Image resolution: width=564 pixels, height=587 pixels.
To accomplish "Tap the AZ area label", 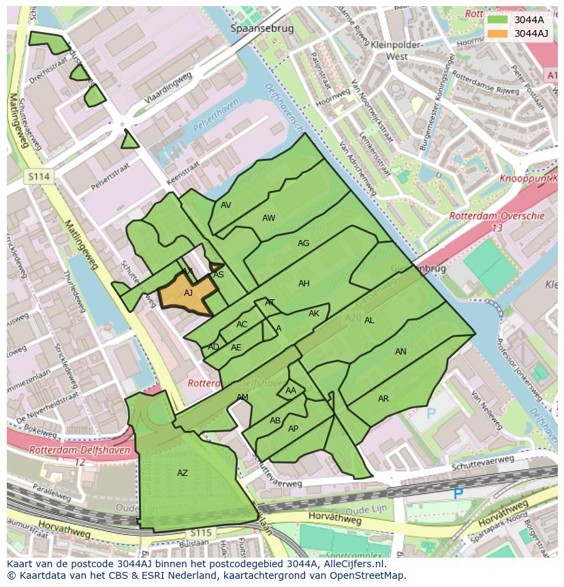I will click(183, 473).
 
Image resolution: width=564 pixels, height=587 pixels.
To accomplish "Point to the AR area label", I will click(383, 399).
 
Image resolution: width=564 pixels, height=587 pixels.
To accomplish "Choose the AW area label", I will click(269, 218).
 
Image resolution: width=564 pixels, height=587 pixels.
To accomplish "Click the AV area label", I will click(226, 205).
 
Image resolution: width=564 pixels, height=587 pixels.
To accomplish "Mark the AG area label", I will click(304, 243).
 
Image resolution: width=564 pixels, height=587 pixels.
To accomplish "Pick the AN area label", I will click(401, 352).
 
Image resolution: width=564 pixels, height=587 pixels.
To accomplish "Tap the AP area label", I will click(294, 429).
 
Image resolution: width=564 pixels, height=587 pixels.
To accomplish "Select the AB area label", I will click(275, 421).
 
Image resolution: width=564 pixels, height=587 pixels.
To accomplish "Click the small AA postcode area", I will click(291, 391).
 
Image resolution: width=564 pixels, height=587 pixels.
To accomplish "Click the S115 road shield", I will click(201, 532).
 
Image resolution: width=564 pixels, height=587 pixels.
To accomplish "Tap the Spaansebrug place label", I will click(262, 29).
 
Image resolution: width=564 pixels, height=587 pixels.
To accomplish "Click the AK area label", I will click(314, 314).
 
